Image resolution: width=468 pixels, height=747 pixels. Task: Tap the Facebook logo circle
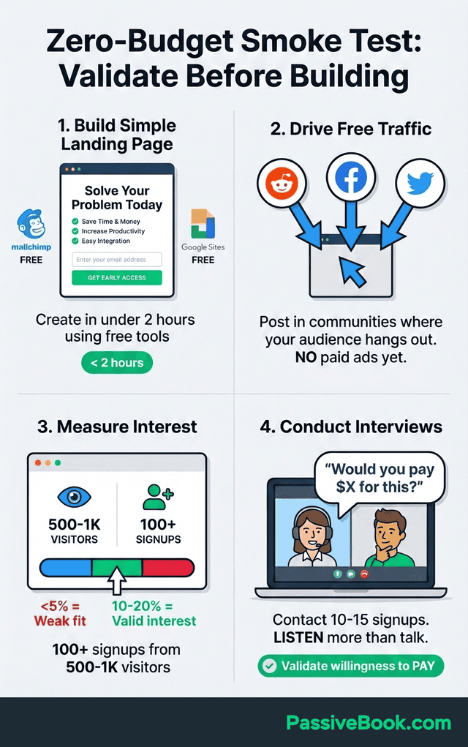pos(351,177)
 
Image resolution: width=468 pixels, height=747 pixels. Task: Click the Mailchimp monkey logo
pos(31,223)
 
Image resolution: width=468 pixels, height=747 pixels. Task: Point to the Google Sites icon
pos(203,223)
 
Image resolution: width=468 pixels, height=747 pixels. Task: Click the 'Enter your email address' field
pos(117,260)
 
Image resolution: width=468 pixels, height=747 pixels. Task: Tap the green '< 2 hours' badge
pos(117,363)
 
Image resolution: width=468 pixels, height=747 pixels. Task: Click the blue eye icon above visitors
pos(75,497)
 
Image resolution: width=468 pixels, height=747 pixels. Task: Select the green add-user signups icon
pos(158,498)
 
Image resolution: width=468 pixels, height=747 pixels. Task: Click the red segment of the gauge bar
pos(168,568)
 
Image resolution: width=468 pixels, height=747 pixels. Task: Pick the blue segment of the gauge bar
pos(66,568)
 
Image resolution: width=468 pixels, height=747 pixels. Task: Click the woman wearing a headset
pos(312,537)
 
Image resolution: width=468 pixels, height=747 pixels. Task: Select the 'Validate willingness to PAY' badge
pos(351,666)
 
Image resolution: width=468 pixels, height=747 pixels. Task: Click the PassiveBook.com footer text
pos(369,723)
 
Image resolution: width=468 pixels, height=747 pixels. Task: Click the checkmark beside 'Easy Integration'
pos(75,241)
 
